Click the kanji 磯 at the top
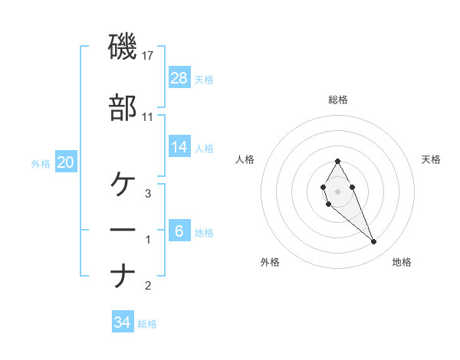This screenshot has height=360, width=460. pos(123,48)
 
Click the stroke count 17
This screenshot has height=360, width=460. pos(148,57)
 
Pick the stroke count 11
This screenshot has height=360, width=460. pos(148,116)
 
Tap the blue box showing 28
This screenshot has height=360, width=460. pos(179,77)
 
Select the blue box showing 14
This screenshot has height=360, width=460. pos(179,148)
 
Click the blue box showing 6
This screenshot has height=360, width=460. pos(179,231)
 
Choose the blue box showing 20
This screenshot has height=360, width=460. pos(65,162)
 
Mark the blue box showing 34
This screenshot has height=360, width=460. pos(123,322)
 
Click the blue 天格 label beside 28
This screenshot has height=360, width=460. pos(204,79)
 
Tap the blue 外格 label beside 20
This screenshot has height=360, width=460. pos(41,163)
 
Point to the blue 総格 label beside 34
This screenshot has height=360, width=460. pos(147,324)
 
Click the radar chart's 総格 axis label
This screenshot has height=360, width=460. pos(338,100)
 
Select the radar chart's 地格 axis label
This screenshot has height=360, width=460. pos(402,262)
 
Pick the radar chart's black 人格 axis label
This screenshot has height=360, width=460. pos(245,159)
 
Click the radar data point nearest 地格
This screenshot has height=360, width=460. pos(374,242)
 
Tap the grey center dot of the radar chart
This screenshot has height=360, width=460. pos(337,190)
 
